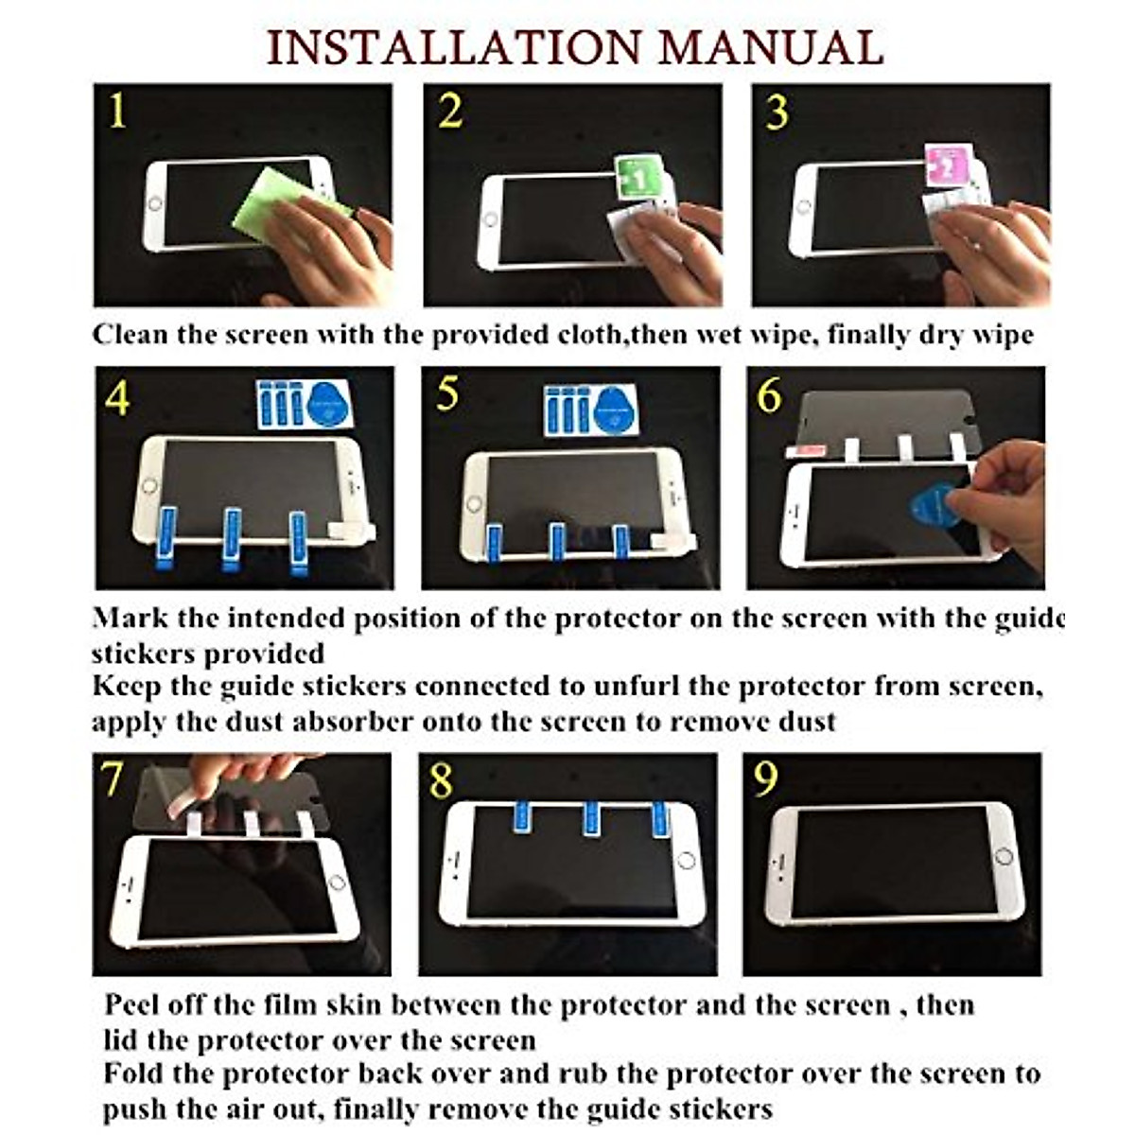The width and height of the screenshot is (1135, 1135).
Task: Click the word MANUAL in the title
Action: pyautogui.click(x=772, y=47)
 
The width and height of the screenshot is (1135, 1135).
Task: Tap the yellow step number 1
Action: pyautogui.click(x=117, y=110)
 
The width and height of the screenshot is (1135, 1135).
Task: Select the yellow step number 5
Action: pyautogui.click(x=447, y=393)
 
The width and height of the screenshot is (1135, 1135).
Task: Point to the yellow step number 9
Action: pyautogui.click(x=766, y=779)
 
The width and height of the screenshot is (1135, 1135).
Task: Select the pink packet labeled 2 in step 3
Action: pyautogui.click(x=948, y=166)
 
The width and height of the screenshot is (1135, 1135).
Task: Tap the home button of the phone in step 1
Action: pyautogui.click(x=155, y=204)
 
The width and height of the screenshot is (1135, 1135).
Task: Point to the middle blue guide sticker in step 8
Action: pyautogui.click(x=591, y=818)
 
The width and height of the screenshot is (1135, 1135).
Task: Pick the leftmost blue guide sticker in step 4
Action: pyautogui.click(x=166, y=538)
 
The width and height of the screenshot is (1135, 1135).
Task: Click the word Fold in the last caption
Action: pyautogui.click(x=133, y=1073)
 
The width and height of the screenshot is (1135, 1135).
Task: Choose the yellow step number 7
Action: pyautogui.click(x=111, y=779)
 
